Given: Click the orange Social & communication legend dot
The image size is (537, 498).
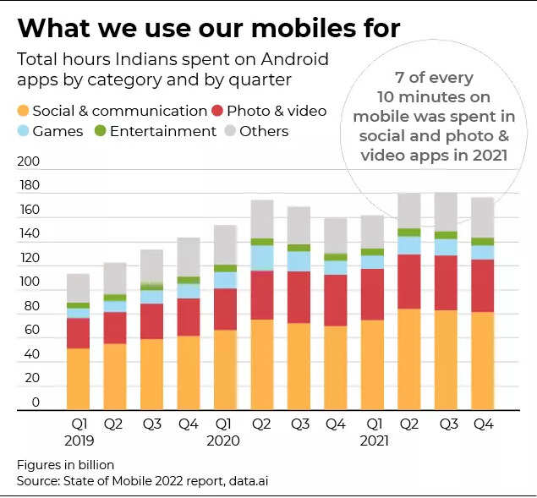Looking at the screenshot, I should (24, 111).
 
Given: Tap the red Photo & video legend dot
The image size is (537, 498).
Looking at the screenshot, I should (219, 111).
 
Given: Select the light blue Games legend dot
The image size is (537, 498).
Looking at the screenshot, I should (24, 131).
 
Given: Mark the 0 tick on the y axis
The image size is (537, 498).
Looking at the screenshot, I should (36, 402).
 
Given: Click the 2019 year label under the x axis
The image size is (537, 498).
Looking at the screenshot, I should (78, 440).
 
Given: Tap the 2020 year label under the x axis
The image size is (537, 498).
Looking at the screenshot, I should (223, 440).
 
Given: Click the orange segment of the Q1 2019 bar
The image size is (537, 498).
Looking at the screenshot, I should (78, 379).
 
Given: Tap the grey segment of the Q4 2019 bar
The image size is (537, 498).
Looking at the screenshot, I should (188, 257).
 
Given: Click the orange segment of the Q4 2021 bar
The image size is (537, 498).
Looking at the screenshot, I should (482, 361).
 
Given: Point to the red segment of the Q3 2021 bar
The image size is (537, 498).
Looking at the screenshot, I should (446, 282).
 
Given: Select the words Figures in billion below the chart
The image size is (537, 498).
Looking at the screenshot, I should (65, 465).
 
